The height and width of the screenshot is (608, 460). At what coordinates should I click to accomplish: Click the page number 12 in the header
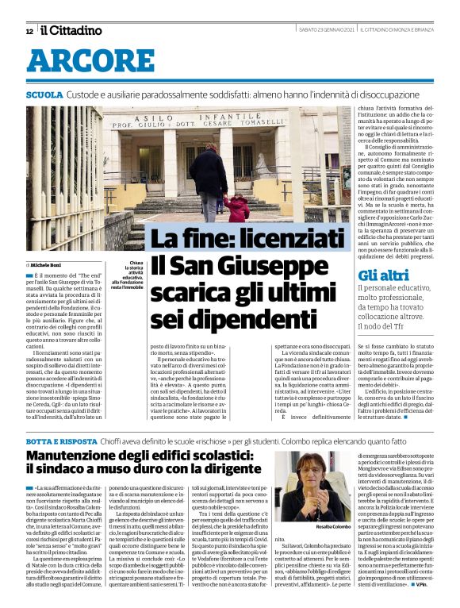tap(29, 31)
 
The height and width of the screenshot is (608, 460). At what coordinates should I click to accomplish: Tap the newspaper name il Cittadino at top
tap(71, 30)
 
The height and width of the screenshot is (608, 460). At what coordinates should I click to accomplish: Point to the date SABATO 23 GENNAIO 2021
tap(324, 30)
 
